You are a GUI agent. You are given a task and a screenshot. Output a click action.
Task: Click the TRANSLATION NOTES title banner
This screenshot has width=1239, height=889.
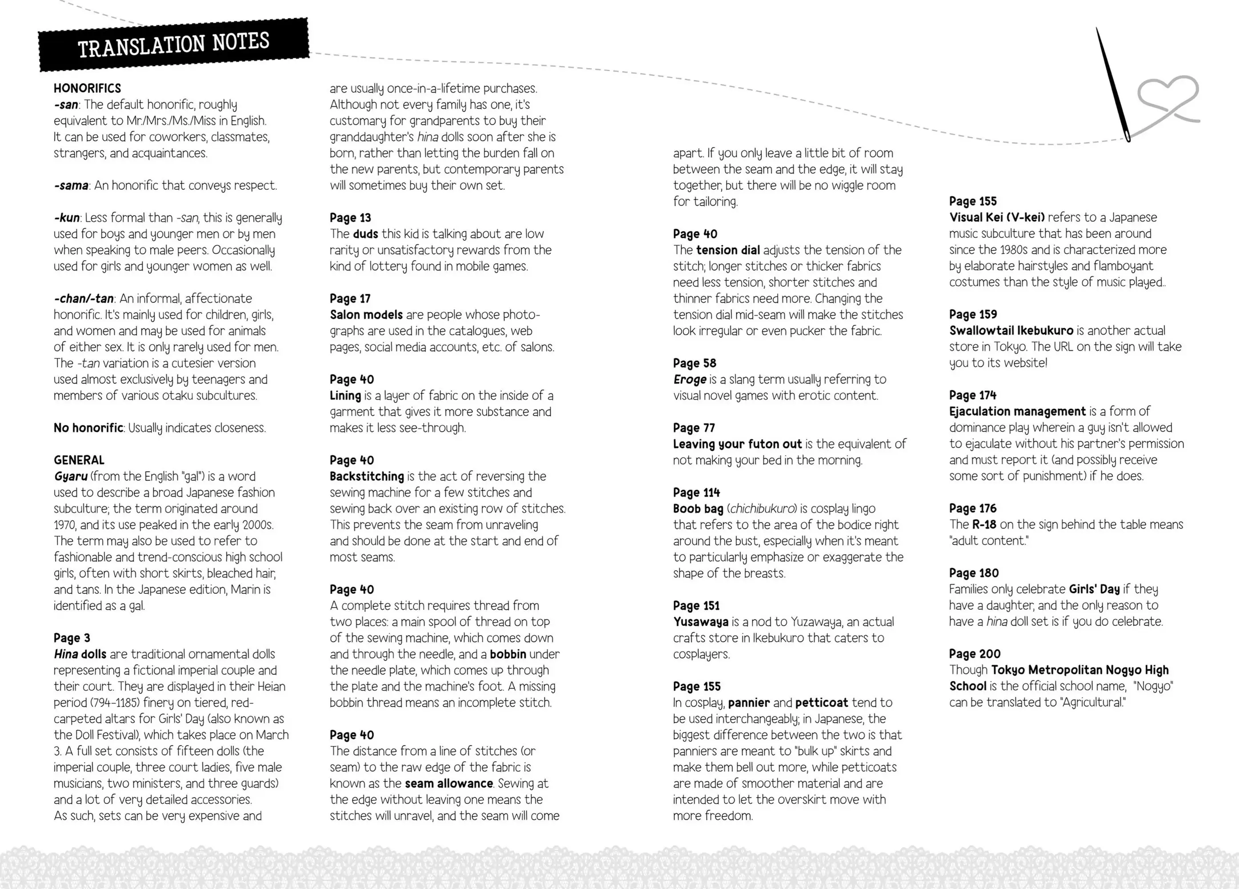point(174,45)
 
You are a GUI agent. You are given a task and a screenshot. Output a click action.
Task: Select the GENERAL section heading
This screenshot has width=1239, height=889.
point(79,460)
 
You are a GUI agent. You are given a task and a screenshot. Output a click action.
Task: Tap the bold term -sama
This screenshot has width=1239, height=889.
point(72,185)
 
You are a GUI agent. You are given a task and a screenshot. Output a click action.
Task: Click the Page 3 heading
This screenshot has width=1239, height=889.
point(72,638)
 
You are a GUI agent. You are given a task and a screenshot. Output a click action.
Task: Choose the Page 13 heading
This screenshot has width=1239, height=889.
point(350,217)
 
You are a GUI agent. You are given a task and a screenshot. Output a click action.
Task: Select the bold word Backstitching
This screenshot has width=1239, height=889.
point(367,476)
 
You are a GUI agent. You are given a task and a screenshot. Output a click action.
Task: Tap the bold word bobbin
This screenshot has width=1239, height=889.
point(508,654)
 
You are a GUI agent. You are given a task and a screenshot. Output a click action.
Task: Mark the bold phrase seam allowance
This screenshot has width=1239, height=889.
point(448,784)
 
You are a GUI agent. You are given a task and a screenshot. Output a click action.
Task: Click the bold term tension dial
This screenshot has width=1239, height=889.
point(727,250)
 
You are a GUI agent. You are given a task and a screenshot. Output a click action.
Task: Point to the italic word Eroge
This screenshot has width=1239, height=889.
point(689,379)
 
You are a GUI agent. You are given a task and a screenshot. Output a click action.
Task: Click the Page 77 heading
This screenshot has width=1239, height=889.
point(694,428)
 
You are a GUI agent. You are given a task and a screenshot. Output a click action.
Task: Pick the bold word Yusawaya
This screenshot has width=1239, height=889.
point(700,622)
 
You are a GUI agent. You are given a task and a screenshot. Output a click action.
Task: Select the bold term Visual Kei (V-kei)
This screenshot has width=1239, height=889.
point(996,217)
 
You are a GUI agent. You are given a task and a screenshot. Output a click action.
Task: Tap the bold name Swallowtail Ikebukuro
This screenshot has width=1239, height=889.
point(1011,331)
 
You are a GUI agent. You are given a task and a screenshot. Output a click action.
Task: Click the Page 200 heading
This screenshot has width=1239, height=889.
point(975,653)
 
